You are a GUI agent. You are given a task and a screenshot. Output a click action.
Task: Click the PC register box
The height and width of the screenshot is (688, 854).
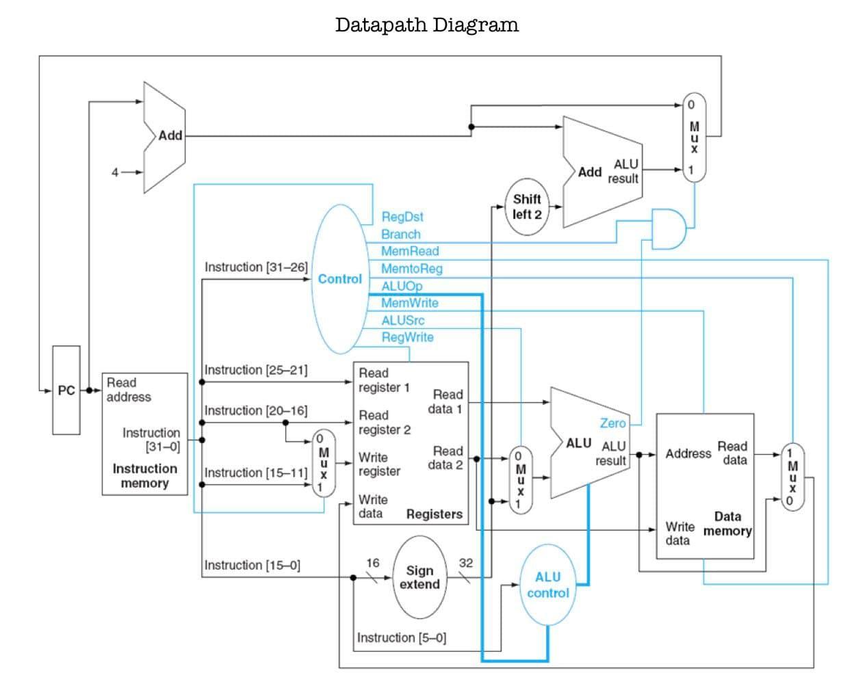tap(66, 390)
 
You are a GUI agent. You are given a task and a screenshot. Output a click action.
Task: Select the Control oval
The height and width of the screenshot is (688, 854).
tap(340, 279)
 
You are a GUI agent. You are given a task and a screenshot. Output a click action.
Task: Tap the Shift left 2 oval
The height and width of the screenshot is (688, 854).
tap(527, 207)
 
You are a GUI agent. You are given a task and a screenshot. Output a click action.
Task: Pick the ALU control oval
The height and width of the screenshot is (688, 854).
tap(547, 585)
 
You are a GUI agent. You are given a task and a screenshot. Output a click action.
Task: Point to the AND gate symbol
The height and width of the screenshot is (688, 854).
tap(669, 229)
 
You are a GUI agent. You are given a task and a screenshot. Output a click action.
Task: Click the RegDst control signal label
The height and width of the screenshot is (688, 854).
tap(402, 217)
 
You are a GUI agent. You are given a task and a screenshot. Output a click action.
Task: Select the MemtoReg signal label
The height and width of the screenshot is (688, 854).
tap(411, 269)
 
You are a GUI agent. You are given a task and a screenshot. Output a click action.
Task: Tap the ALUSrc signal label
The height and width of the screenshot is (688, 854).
tap(402, 320)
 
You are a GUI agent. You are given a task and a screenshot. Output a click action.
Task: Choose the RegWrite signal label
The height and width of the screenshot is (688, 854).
tap(407, 337)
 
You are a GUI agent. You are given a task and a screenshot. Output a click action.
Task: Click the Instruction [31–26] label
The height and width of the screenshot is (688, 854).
tap(256, 267)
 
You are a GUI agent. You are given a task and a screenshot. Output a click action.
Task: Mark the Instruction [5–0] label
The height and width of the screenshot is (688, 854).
tap(401, 637)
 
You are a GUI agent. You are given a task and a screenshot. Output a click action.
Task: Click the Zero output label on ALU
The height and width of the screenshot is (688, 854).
tap(612, 423)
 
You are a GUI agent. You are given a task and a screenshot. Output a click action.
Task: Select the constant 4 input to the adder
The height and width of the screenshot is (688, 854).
tap(115, 172)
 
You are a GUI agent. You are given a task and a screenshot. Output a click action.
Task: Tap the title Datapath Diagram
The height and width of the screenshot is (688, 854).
tap(426, 25)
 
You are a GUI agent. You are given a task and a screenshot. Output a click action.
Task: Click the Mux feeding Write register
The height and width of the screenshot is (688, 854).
tap(324, 463)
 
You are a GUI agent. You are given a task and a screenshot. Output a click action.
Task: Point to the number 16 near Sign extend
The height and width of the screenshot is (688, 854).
tap(372, 563)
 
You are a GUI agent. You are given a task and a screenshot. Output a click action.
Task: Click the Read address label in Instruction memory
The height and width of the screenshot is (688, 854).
tap(129, 390)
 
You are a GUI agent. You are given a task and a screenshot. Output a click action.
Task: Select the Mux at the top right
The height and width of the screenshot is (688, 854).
tap(694, 137)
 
